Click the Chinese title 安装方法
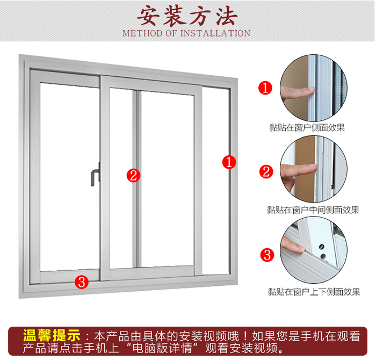187,16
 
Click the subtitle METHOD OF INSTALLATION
186,33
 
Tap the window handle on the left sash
96,175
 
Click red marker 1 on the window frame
229,162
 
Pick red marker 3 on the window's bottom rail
82,282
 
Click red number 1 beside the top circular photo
265,88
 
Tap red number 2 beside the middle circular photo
266,172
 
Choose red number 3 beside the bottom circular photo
267,255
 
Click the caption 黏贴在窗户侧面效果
307,127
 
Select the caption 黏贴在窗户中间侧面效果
313,210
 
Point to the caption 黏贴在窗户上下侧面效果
314,292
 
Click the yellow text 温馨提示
52,335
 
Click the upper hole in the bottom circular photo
321,246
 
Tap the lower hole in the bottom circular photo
323,256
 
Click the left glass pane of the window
69,177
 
